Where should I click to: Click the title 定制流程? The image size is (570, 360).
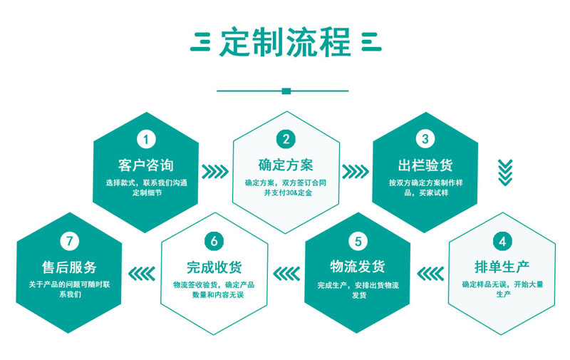(285, 42)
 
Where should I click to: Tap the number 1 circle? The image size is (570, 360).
(146, 139)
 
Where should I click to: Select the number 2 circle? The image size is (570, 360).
(286, 139)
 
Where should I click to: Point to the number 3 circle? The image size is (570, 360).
(425, 139)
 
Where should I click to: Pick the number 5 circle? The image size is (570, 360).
(358, 241)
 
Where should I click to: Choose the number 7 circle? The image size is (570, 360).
(69, 241)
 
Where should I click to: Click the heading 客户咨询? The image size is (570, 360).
(146, 165)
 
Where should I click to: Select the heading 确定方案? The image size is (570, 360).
(286, 165)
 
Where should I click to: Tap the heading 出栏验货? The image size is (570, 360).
(425, 165)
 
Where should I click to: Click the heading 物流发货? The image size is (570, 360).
(358, 267)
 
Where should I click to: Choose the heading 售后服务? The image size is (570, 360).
(69, 267)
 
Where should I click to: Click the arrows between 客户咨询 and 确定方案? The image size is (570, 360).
(215, 172)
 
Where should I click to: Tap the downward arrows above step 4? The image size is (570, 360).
(505, 171)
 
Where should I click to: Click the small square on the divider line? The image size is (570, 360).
(286, 91)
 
